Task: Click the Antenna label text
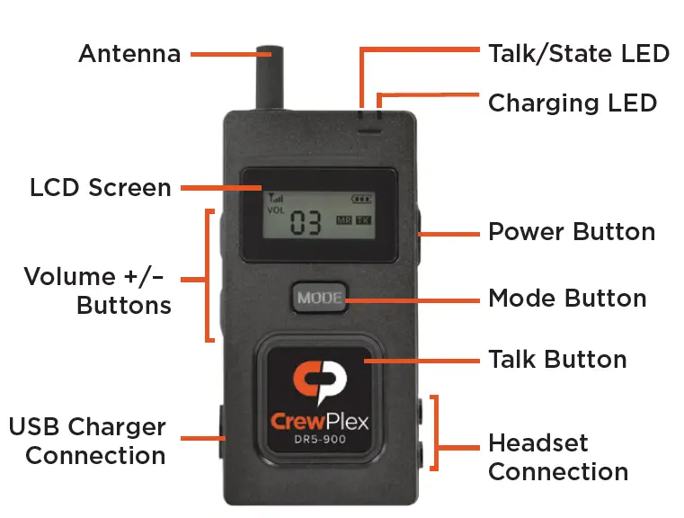coord(129,54)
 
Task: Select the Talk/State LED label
coord(578,53)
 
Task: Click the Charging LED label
coord(572,103)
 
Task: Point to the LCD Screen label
coord(100,188)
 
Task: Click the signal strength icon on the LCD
coord(272,198)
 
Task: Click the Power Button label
coord(571,232)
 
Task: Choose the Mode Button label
coord(566,298)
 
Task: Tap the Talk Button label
coord(556,360)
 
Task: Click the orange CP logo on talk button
coord(320,383)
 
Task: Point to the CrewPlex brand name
coord(320,421)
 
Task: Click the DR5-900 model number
coord(320,440)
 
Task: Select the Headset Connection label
coord(557,457)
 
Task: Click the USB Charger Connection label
coord(87,441)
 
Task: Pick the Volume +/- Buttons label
coord(98,290)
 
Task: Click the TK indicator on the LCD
coord(363,220)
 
